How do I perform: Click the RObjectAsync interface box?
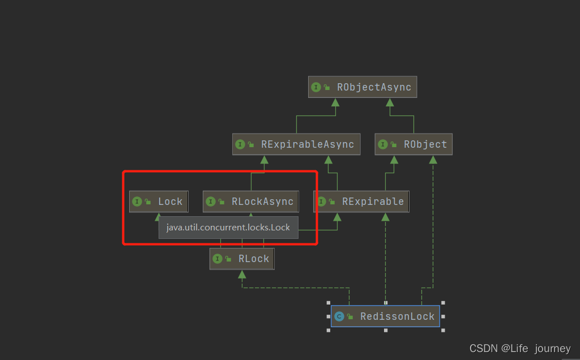point(362,87)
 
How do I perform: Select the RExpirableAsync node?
point(296,144)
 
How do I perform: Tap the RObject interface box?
point(413,144)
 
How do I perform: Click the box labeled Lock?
point(159,202)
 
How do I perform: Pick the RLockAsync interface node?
point(251,202)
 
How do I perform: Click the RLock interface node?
point(242,259)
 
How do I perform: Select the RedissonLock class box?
point(385,316)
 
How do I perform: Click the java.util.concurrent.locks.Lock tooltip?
point(228,228)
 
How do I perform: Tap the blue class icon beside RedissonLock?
point(339,316)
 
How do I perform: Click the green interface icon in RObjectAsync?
point(316,87)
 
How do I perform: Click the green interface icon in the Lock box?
point(137,202)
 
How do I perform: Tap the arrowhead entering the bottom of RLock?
point(242,274)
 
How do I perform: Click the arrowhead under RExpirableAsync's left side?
point(264,160)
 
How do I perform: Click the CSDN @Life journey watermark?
point(520,348)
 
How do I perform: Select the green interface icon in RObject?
point(383,144)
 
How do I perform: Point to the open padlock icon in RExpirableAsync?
point(250,145)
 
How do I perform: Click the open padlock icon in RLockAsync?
point(221,202)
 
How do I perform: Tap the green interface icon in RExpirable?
point(321,202)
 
